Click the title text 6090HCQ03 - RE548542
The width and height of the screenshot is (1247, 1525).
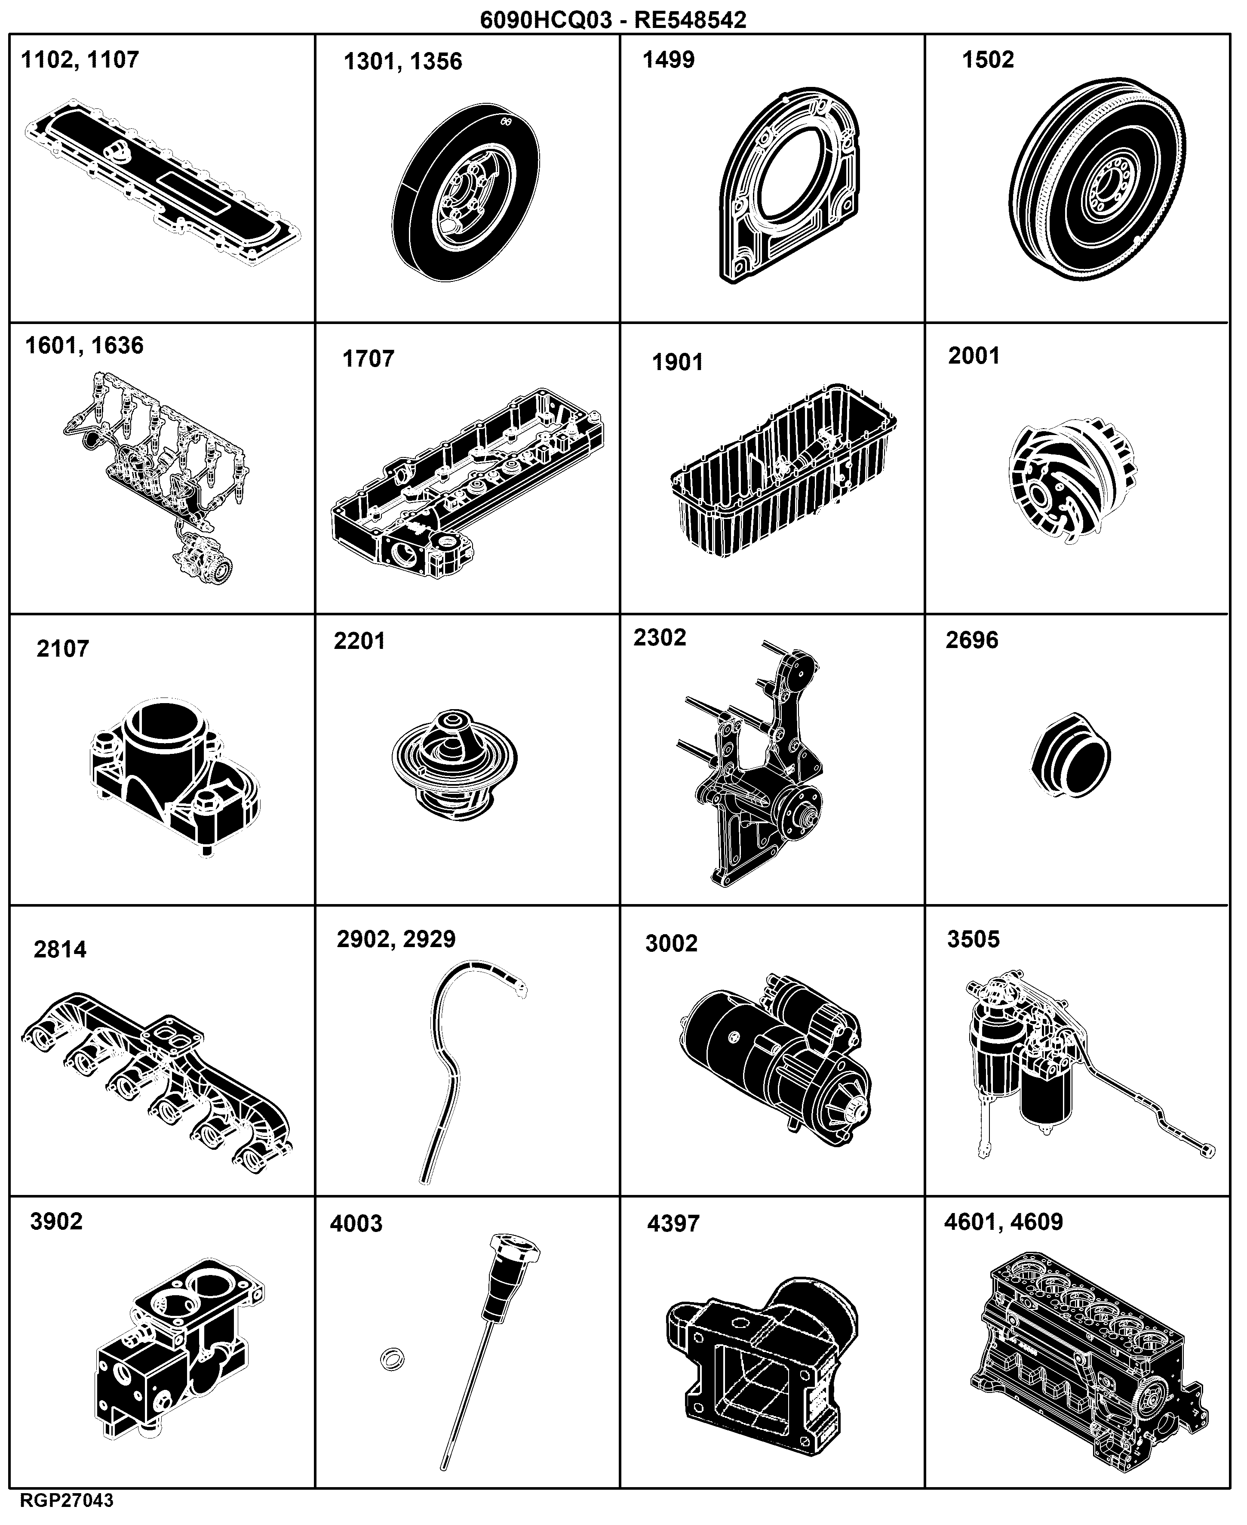613,19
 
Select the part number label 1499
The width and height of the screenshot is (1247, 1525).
668,60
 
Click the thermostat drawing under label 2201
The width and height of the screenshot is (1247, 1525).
455,765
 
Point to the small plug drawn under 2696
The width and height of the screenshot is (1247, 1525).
1069,755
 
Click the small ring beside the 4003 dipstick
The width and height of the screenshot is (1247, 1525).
391,1359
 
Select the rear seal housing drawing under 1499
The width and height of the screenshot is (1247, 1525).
788,186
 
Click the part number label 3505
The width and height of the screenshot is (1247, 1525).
974,939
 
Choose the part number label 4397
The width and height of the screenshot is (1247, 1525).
673,1224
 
